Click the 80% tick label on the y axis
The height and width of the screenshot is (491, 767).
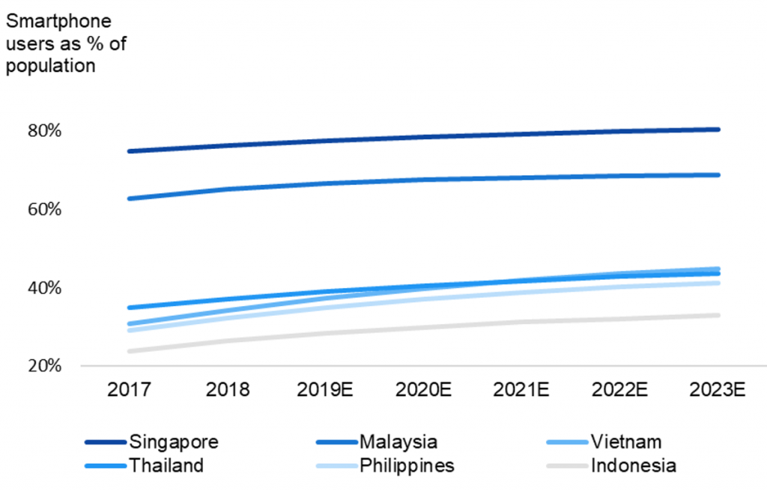click(x=44, y=131)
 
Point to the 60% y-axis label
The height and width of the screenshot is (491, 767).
click(x=44, y=210)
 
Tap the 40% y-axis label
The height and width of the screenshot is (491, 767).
click(x=44, y=288)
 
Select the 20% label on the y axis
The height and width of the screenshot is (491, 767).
click(x=44, y=366)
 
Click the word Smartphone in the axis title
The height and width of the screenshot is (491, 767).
click(x=58, y=22)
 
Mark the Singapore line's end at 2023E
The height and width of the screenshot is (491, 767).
click(x=718, y=129)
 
